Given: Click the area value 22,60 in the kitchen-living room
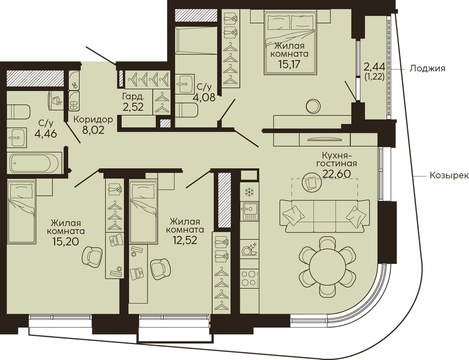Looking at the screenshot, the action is click(x=336, y=173).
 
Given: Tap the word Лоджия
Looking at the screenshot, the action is click(x=427, y=68).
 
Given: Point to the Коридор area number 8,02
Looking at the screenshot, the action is click(x=93, y=130).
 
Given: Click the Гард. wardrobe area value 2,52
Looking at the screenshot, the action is click(x=134, y=107).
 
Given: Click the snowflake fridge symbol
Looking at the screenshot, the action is click(x=248, y=192).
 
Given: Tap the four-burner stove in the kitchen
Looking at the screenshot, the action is click(x=249, y=278).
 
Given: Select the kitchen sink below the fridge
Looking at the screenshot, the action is click(x=249, y=211).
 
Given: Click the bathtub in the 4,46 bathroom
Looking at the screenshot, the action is click(x=34, y=163).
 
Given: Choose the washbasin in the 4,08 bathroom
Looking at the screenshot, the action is click(x=185, y=83).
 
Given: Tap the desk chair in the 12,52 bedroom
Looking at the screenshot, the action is click(x=160, y=269).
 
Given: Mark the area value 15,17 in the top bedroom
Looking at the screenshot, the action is click(x=289, y=64).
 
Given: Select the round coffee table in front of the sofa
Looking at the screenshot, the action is click(x=312, y=183).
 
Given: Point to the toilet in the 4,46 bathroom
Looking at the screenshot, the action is click(x=19, y=112).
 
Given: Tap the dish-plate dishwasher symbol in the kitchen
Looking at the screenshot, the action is click(x=249, y=249).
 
